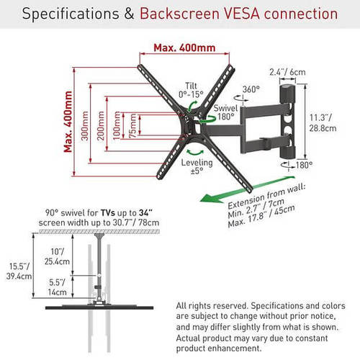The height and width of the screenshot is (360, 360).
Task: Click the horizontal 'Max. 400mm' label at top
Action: pos(184,48)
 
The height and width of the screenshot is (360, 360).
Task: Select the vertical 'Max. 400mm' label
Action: pos(68,122)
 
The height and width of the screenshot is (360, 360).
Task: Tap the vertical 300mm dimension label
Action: pos(84,125)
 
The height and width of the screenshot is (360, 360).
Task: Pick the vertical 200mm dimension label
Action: pos(101,125)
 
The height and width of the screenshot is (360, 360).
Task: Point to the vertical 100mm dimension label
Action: pos(116,125)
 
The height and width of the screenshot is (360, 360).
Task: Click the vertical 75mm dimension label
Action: pos(132,126)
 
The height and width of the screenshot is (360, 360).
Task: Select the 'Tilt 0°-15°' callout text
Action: pos(191,90)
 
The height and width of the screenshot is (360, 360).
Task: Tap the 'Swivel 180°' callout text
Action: pos(225,112)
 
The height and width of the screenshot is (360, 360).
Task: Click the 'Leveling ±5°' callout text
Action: pos(197,167)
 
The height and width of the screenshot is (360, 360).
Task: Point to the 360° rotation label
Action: pos(251,89)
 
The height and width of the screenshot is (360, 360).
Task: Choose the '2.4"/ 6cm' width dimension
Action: pos(287,72)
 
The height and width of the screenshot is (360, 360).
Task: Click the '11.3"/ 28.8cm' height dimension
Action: pos(323,123)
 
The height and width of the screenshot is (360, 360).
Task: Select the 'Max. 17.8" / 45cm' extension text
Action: pos(261,216)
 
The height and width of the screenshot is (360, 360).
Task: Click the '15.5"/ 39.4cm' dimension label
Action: pos(19,271)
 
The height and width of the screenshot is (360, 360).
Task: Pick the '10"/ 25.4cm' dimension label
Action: pos(57,256)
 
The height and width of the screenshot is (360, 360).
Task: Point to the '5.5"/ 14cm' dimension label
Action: pos(57,287)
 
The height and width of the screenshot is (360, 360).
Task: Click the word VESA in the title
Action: pos(242,14)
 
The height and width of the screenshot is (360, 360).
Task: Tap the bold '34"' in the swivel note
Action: pos(145,212)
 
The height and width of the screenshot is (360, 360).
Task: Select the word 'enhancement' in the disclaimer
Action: pos(234,348)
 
